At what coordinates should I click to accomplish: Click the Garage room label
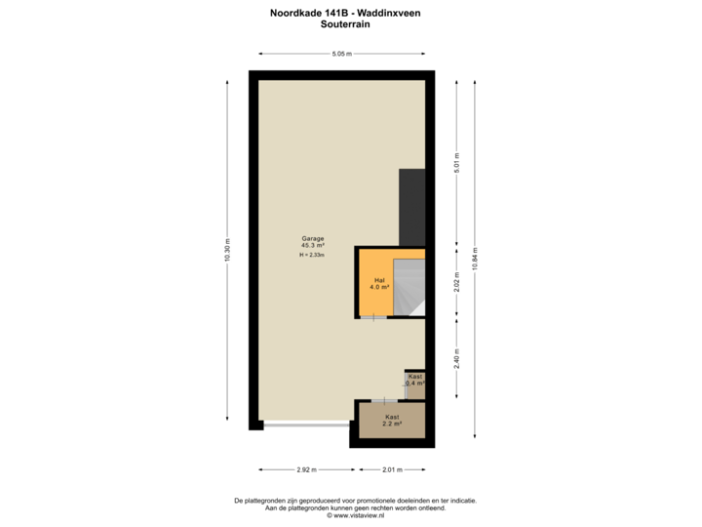312,238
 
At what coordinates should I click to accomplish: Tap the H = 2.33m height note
312,255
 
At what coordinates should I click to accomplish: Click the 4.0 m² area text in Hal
379,288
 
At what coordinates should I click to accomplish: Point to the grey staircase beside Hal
409,288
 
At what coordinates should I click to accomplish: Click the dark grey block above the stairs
412,205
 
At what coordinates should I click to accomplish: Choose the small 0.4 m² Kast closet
415,384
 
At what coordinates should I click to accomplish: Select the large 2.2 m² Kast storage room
392,421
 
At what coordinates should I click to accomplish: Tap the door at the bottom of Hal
372,318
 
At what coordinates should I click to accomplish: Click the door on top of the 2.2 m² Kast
384,400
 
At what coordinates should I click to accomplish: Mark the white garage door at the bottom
306,426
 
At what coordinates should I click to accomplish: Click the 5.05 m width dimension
341,54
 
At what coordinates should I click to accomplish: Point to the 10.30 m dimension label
228,252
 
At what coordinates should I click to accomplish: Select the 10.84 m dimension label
475,259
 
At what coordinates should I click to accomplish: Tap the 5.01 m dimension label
456,162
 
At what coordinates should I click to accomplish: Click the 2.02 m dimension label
456,283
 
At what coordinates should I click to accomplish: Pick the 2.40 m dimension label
456,359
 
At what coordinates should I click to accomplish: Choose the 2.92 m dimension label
306,469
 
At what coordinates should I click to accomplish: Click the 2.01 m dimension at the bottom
391,469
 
